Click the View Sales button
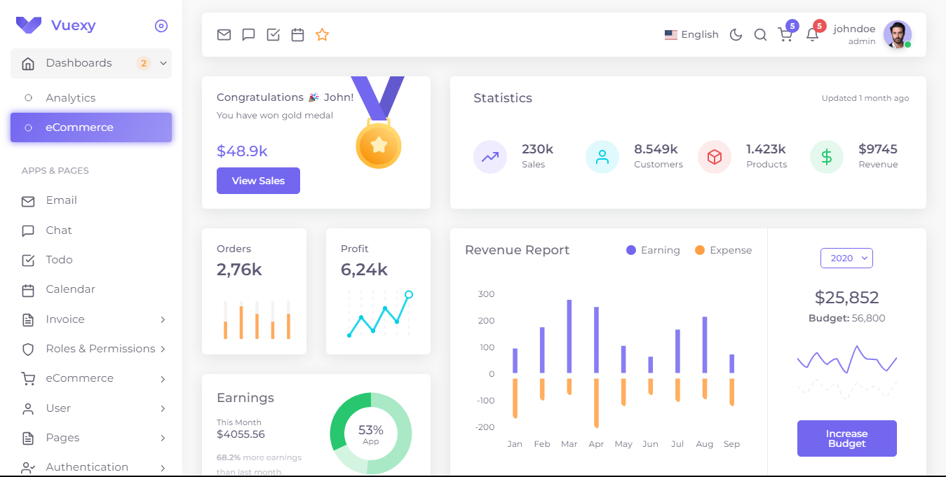tap(258, 181)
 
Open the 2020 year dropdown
tap(846, 258)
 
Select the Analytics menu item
tap(70, 98)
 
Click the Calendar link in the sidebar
tap(70, 289)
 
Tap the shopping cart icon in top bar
tap(785, 35)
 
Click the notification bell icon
tap(812, 35)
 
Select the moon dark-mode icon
tap(736, 35)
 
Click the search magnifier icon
tap(760, 35)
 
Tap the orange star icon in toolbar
tap(322, 35)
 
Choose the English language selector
tap(691, 35)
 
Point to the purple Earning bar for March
tap(569, 336)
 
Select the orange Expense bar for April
tap(596, 403)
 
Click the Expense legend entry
tap(723, 251)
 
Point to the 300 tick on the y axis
tap(486, 294)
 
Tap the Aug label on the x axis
tap(704, 444)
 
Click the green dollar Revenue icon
tap(826, 157)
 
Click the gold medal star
tap(379, 145)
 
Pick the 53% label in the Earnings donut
tap(370, 430)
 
